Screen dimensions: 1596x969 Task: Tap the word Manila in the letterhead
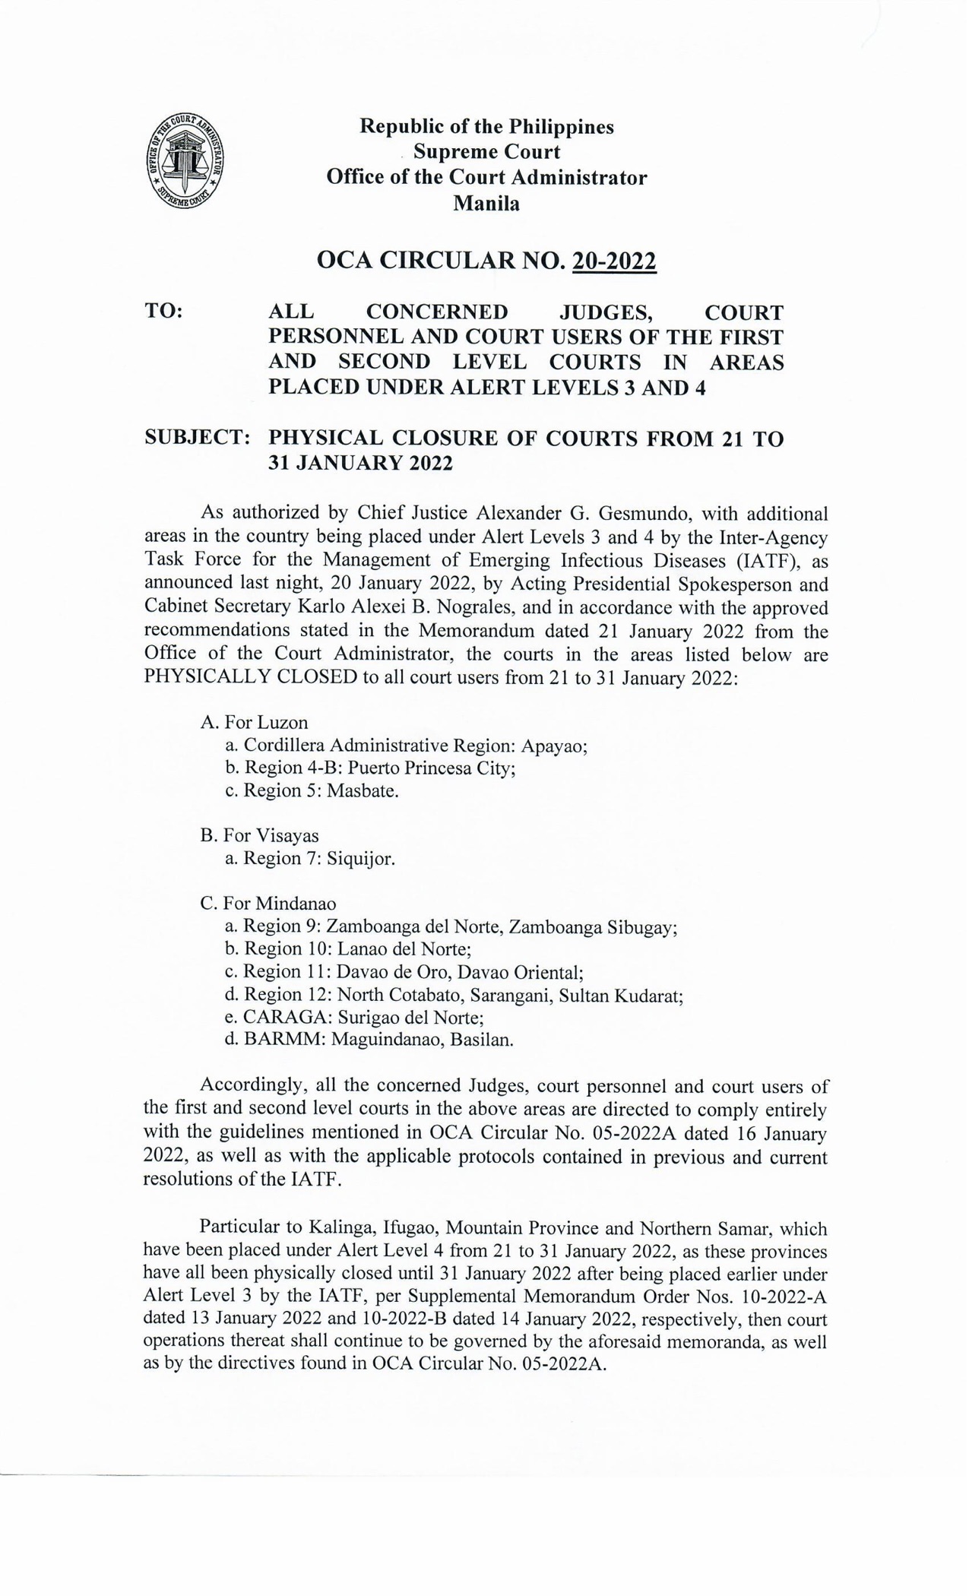point(486,204)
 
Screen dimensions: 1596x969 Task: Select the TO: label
point(163,312)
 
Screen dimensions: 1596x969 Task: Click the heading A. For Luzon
point(254,722)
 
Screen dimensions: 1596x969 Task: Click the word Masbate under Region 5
point(362,790)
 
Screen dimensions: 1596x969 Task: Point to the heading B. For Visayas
point(259,835)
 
